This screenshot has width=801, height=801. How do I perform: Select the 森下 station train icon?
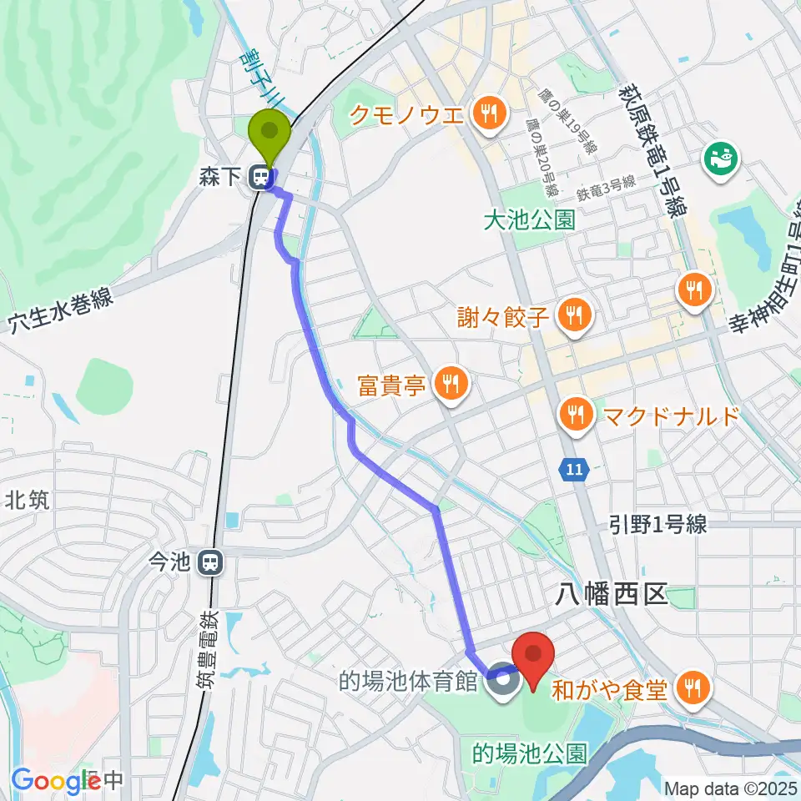[264, 178]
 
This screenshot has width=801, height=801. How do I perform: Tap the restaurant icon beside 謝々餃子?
[573, 315]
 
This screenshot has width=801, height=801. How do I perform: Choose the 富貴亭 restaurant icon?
[451, 384]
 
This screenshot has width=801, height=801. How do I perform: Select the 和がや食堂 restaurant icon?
[692, 688]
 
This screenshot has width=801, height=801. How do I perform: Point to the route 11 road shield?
[572, 471]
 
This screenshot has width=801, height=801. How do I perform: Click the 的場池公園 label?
[530, 754]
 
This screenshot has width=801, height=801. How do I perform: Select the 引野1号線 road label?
[657, 524]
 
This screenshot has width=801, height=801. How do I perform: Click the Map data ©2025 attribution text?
[730, 788]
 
